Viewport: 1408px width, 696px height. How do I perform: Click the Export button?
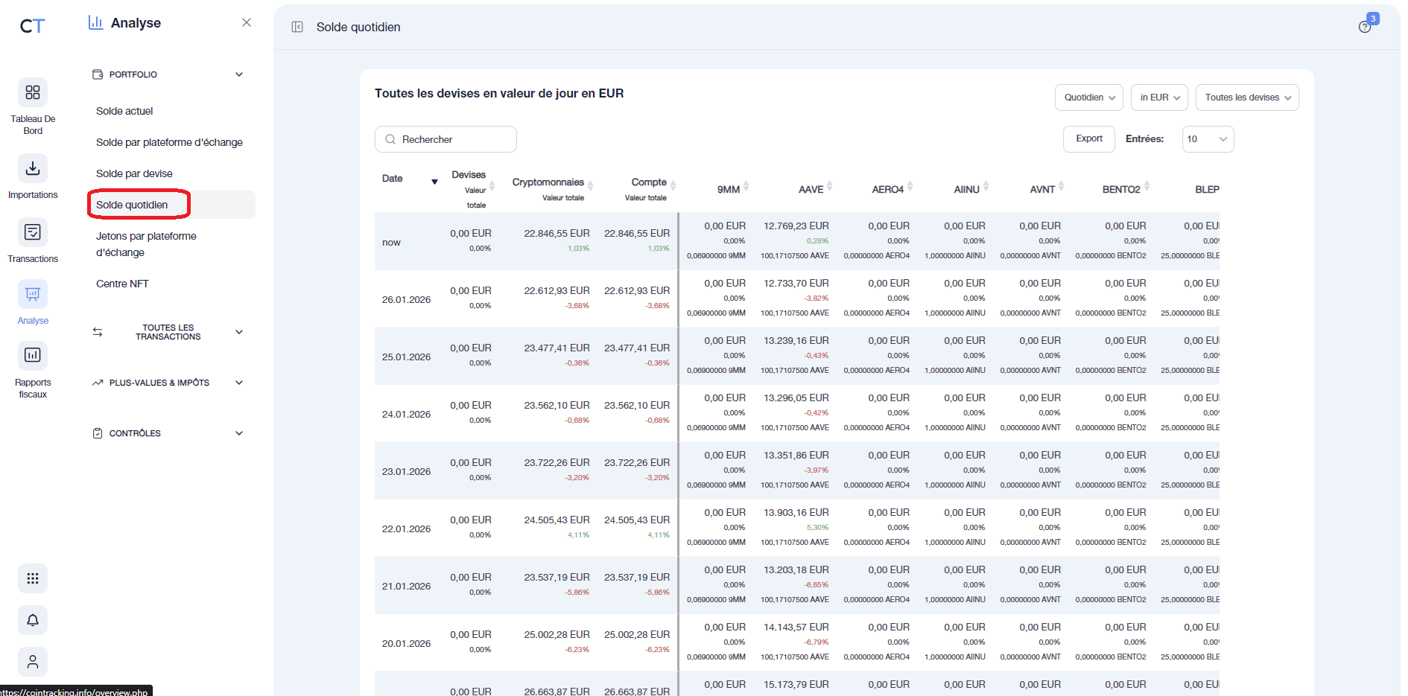click(1088, 139)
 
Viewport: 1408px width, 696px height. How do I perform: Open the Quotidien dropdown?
click(1088, 98)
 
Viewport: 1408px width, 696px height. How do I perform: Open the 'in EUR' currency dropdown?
click(1159, 98)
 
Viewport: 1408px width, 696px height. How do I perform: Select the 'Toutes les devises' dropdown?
click(1246, 98)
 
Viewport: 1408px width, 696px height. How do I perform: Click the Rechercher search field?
click(445, 139)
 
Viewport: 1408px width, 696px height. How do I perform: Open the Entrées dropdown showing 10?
click(1207, 139)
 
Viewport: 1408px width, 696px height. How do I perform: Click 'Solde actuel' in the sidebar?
click(124, 111)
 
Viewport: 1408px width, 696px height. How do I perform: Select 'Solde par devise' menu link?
click(134, 173)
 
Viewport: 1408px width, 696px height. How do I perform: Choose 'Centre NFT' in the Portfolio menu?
click(122, 284)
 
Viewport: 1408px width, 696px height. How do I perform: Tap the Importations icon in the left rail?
click(33, 168)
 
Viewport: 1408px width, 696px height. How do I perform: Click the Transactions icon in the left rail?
click(33, 232)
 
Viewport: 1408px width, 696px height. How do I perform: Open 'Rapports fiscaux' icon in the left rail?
click(33, 355)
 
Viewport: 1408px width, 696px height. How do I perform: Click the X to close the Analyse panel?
click(247, 22)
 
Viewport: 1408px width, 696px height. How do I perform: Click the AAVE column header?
click(811, 190)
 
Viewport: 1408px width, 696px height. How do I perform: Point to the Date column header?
click(393, 179)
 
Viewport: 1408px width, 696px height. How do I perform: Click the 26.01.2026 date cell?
click(406, 300)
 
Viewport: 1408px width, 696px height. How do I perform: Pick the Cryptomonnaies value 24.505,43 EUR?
click(556, 520)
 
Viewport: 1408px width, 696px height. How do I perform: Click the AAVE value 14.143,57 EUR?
click(796, 627)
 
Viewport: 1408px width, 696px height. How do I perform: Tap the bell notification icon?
click(33, 620)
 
